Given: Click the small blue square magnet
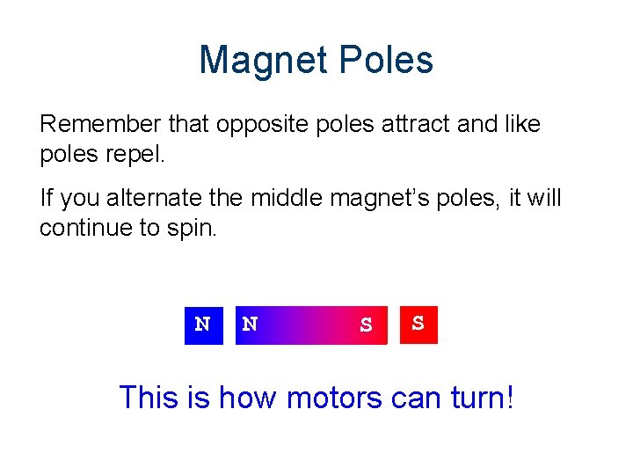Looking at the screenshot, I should [203, 325].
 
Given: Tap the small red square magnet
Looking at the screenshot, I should [418, 325].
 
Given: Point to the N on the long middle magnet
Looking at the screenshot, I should [251, 325].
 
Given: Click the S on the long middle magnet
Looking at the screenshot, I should [366, 325].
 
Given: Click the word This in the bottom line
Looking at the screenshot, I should [149, 398].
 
